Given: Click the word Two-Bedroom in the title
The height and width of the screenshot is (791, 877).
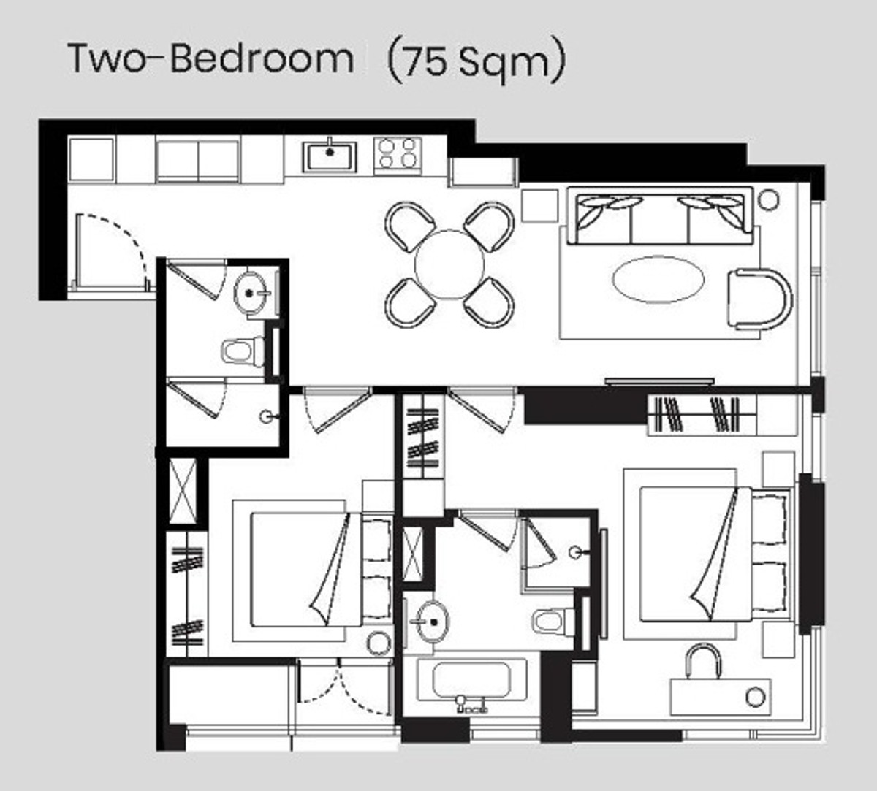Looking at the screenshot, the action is (x=211, y=58).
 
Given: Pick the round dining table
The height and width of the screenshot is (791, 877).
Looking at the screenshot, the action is (x=449, y=265).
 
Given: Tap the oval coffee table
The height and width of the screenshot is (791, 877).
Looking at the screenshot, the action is (x=658, y=279).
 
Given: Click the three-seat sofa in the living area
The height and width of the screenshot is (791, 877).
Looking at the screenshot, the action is (x=660, y=216).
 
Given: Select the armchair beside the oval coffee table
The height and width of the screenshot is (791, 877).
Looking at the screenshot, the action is (x=760, y=299).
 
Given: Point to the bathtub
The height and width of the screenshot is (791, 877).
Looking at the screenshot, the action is (x=471, y=680).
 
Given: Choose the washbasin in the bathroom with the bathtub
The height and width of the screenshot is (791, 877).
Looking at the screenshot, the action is (x=431, y=622).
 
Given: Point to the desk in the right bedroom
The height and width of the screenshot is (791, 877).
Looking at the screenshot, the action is (x=721, y=697).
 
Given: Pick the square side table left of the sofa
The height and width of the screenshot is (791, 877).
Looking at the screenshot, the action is (x=540, y=206).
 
